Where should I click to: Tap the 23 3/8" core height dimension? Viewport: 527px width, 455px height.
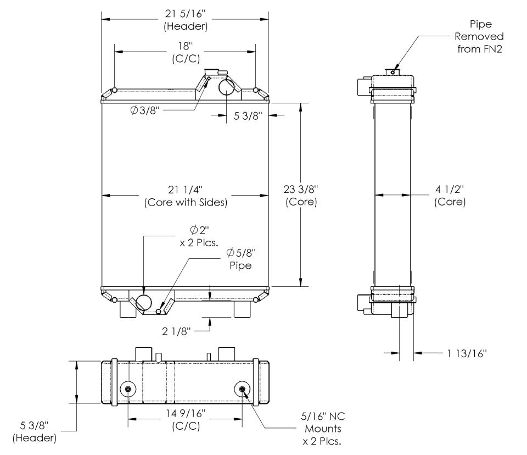[301, 195]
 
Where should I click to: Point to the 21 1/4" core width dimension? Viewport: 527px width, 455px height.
[185, 196]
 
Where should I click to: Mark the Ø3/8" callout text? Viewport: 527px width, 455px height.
[145, 110]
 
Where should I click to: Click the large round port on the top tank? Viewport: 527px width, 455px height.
[228, 86]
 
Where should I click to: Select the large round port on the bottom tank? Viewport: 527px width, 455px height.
[144, 302]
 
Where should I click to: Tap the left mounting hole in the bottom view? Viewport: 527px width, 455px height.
[128, 389]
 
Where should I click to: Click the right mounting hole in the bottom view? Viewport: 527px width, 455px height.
[243, 389]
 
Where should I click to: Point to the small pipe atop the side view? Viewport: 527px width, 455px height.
[393, 71]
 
